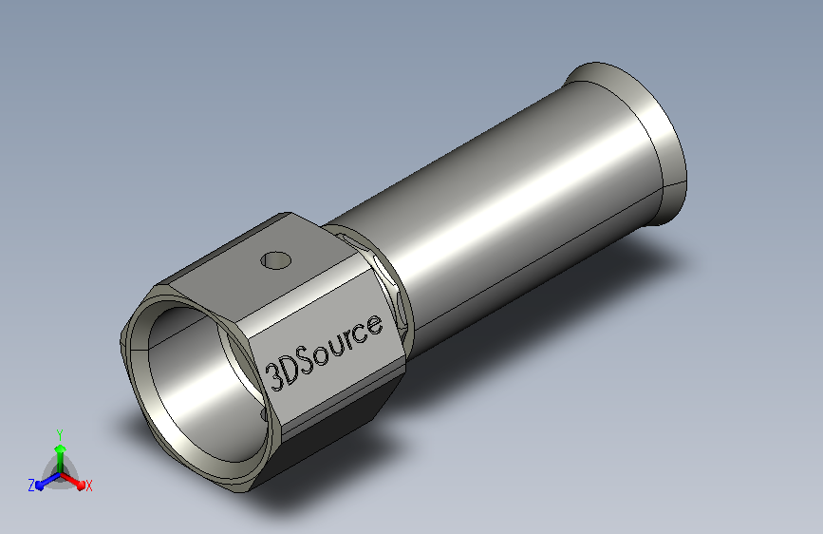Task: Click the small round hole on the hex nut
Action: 275,260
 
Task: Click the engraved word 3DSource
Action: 324,353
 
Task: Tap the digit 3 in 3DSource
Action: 274,377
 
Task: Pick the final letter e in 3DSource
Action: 373,326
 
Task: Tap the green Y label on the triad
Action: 60,435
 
